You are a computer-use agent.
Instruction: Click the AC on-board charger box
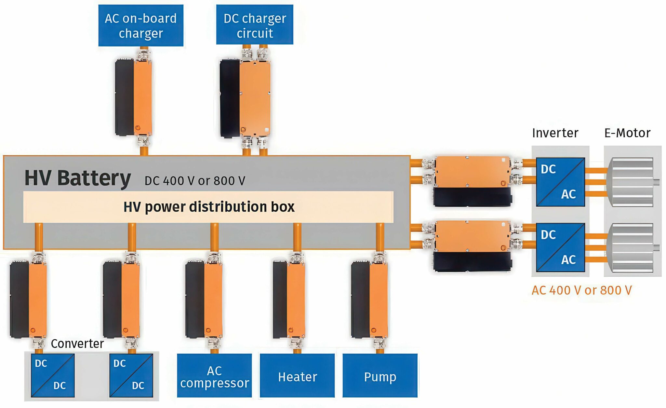point(141,25)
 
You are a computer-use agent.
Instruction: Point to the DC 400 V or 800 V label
point(195,181)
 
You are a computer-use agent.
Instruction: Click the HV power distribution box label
point(209,207)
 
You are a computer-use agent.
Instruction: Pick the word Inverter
point(555,133)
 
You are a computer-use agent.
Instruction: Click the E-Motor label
point(627,133)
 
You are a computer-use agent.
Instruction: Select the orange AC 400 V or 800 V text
point(581,290)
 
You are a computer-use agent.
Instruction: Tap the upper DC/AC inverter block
point(560,182)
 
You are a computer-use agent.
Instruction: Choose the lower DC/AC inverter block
point(560,247)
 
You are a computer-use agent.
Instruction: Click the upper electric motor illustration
point(632,182)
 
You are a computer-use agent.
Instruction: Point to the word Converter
point(77,344)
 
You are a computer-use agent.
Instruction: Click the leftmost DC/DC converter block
point(53,375)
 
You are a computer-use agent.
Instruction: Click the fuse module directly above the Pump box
point(370,300)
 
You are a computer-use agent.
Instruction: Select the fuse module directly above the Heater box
point(289,300)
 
